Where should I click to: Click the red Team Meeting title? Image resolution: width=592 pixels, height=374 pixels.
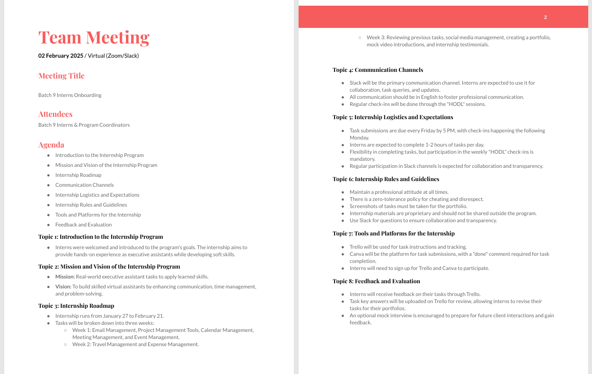click(x=94, y=37)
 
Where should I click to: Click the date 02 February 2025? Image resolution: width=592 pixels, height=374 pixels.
click(x=61, y=56)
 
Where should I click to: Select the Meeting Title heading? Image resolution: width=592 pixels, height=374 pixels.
click(x=62, y=76)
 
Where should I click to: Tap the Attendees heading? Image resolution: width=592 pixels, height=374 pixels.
click(x=55, y=114)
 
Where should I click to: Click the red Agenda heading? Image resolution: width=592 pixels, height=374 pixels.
click(x=51, y=145)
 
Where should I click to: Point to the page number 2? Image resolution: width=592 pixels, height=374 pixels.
click(x=545, y=17)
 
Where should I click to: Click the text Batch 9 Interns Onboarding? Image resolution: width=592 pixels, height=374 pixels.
click(x=70, y=95)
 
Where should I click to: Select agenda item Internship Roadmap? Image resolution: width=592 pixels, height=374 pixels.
click(x=78, y=175)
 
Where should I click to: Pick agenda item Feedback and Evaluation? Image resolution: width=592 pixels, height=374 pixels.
click(x=83, y=225)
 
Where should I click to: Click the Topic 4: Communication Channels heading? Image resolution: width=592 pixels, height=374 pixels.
click(x=378, y=70)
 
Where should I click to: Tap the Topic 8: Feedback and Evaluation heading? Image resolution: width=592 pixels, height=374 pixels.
click(x=376, y=281)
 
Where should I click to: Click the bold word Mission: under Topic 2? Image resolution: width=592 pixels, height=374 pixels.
click(x=65, y=277)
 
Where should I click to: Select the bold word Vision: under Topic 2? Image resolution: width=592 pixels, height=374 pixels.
click(x=63, y=287)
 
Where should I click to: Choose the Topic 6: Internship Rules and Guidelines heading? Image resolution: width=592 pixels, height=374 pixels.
click(x=386, y=179)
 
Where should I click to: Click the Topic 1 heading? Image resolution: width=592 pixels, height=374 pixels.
click(x=100, y=237)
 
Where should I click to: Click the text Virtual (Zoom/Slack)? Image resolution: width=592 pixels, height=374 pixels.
click(x=113, y=56)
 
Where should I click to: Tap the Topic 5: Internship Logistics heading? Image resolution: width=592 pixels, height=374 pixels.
click(x=393, y=117)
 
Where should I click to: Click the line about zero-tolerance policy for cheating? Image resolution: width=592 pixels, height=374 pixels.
click(x=416, y=199)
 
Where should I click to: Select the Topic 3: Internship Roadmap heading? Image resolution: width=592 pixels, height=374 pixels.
click(x=76, y=306)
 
